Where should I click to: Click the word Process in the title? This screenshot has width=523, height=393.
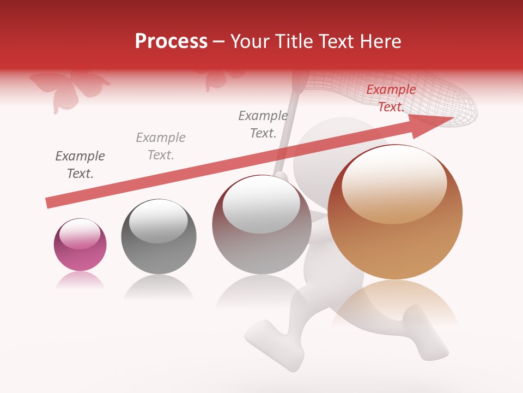point(171,41)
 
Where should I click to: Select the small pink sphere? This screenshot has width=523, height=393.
point(80,245)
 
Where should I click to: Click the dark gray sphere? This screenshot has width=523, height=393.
point(159,236)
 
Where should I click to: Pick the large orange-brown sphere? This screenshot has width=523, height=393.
point(395,212)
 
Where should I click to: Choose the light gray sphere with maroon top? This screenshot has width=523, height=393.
point(261,225)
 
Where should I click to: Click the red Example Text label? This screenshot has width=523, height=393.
point(391,98)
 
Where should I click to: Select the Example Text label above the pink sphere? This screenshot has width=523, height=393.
point(80,165)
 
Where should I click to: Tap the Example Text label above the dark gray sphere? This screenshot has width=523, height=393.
point(161,146)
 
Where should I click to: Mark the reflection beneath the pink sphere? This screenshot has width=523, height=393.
point(80,281)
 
